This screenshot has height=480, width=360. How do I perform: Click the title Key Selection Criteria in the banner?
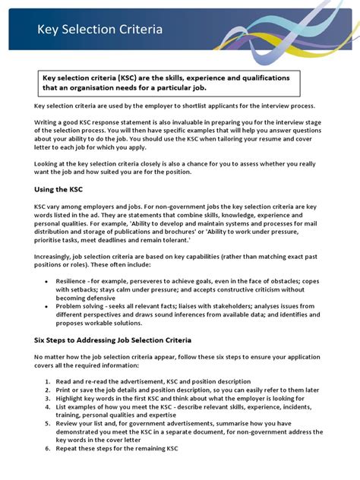click(x=99, y=30)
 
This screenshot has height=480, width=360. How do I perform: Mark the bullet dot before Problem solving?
click(x=49, y=306)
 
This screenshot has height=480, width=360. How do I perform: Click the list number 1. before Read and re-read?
click(x=48, y=381)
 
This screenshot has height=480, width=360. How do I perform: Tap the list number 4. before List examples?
click(x=48, y=406)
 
